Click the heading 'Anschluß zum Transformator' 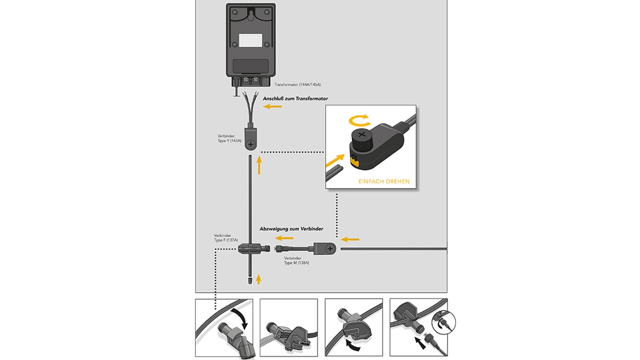point(295,98)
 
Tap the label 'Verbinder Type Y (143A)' point(229,138)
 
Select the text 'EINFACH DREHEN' point(384,181)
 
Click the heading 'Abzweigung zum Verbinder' point(291,228)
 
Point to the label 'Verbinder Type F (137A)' point(225,237)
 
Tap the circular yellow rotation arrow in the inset point(359,119)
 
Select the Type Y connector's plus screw point(251,144)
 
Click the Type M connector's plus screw point(329,248)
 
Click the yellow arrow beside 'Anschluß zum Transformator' point(273,106)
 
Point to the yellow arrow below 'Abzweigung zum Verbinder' point(284,238)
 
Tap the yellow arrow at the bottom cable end point(258,279)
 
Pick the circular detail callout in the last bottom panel point(445,323)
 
